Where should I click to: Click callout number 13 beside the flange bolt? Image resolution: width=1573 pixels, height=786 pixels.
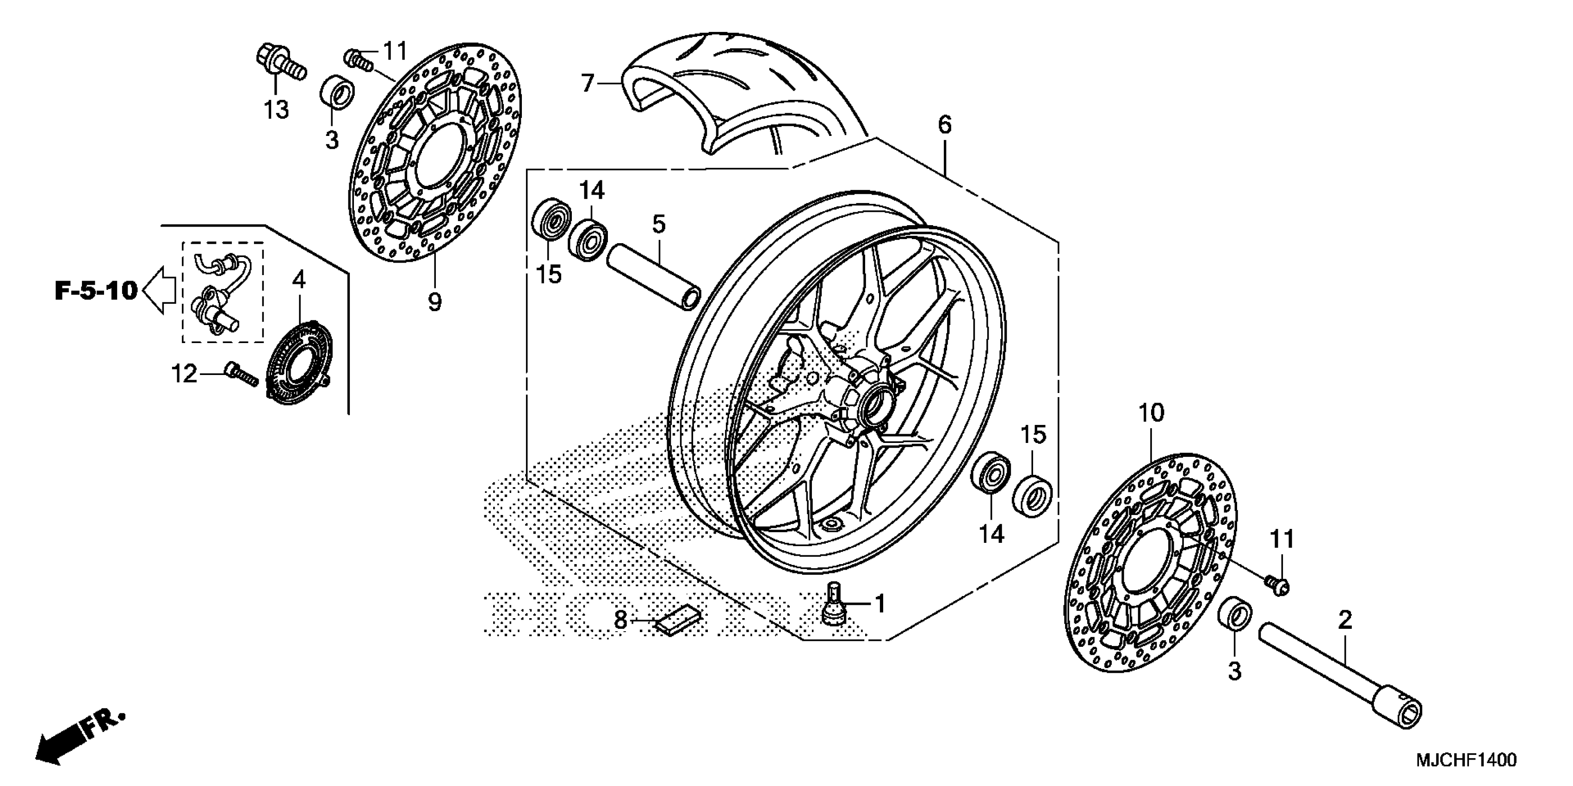coord(276,110)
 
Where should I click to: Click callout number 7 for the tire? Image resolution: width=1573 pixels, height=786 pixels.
coord(588,83)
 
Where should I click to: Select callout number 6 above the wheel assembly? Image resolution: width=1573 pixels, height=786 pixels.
coord(944,125)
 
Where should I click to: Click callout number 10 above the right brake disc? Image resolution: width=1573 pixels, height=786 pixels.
coord(1151,413)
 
